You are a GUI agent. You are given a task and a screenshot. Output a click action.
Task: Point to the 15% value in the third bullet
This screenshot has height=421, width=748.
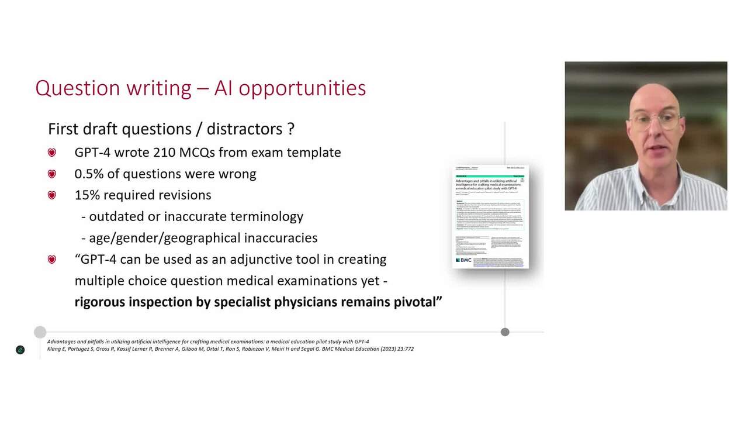[x=85, y=195]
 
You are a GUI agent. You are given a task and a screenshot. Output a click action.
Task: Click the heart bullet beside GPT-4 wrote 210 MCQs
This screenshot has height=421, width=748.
[x=52, y=153]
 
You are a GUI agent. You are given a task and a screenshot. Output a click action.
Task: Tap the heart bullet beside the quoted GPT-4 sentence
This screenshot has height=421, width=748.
[x=52, y=260]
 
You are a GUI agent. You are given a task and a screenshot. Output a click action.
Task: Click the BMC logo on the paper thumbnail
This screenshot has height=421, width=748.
[x=463, y=260]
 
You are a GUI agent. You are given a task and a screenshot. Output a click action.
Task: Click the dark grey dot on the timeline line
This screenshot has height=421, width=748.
[x=505, y=332]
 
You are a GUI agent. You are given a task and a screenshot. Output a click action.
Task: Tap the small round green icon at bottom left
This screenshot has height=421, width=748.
[x=20, y=350]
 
